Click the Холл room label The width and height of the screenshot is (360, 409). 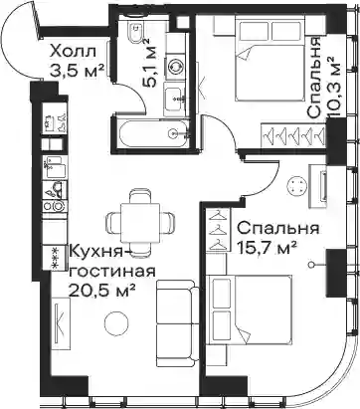pyautogui.click(x=73, y=52)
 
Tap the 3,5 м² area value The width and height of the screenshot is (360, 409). pyautogui.click(x=75, y=71)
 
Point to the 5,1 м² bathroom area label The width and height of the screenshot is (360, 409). pyautogui.click(x=149, y=63)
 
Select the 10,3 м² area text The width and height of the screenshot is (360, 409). pyautogui.click(x=334, y=88)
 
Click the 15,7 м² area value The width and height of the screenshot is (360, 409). pyautogui.click(x=268, y=248)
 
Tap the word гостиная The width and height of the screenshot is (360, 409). pyautogui.click(x=111, y=272)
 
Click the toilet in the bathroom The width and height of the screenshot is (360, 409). pyautogui.click(x=136, y=33)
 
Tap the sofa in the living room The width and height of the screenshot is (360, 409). pyautogui.click(x=177, y=323)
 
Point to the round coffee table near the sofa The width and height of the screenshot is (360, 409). pyautogui.click(x=115, y=322)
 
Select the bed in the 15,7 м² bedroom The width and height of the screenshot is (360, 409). pyautogui.click(x=249, y=309)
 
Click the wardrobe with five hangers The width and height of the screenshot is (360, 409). pyautogui.click(x=292, y=135)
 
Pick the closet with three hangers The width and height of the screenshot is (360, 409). pyautogui.click(x=218, y=230)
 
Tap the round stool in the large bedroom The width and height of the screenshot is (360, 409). pyautogui.click(x=297, y=186)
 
